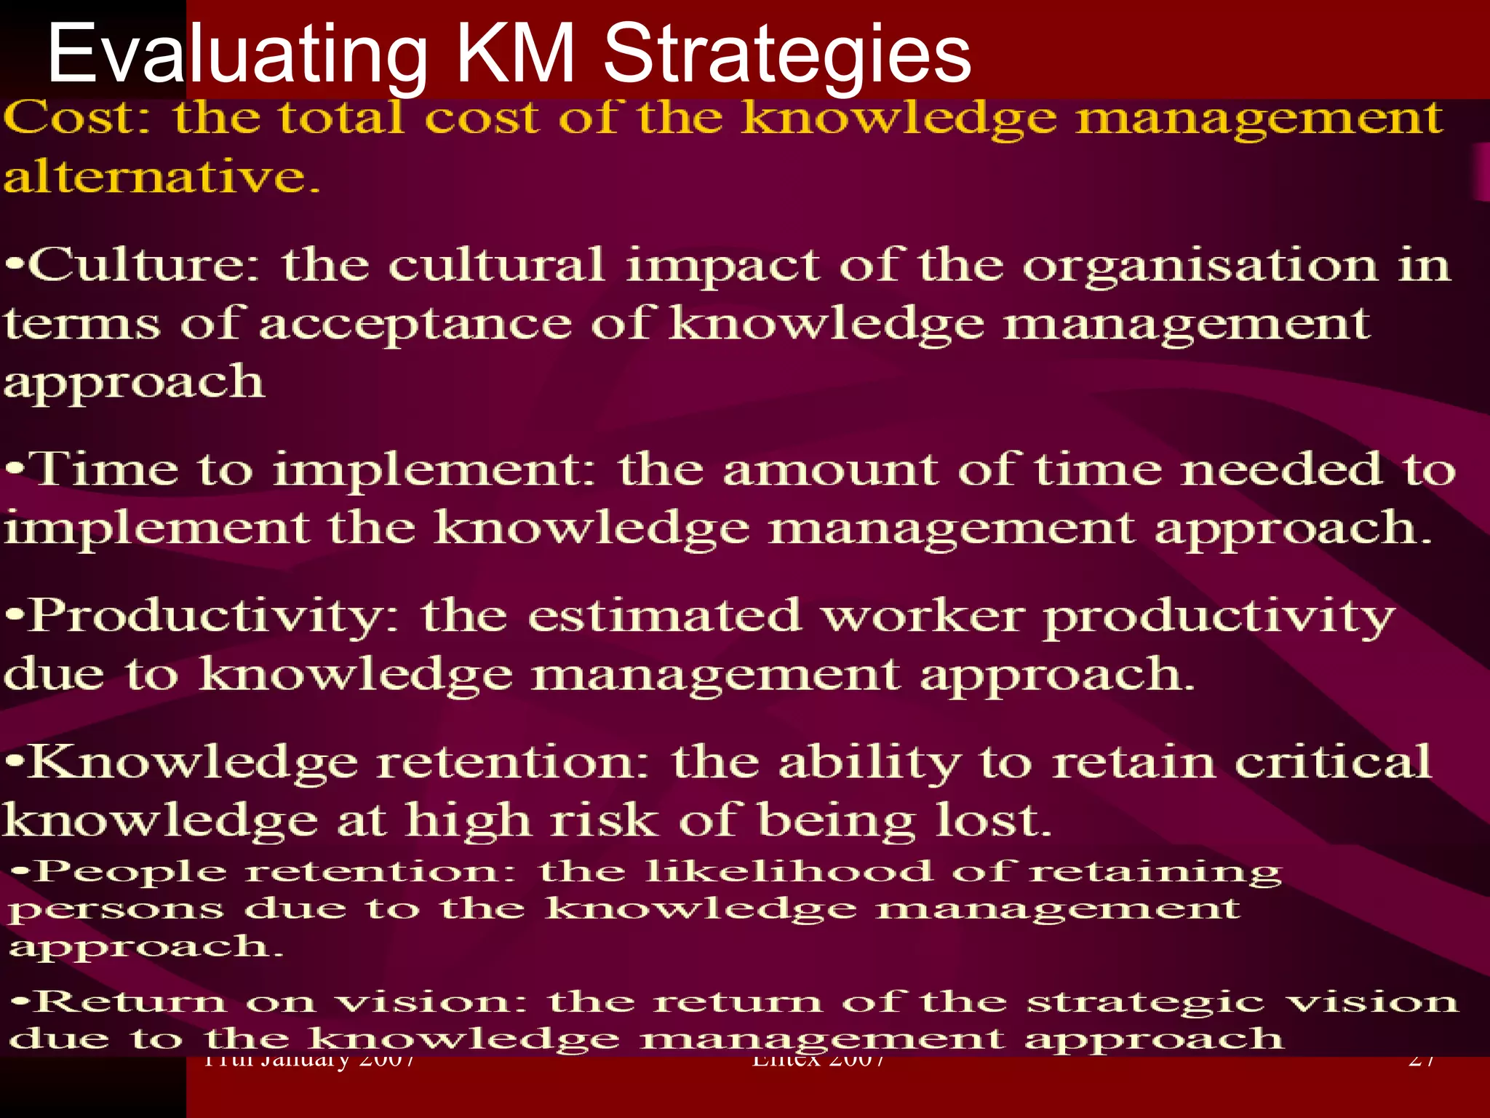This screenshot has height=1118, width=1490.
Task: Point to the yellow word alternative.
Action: [162, 177]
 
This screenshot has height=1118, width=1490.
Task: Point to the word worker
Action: [923, 617]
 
